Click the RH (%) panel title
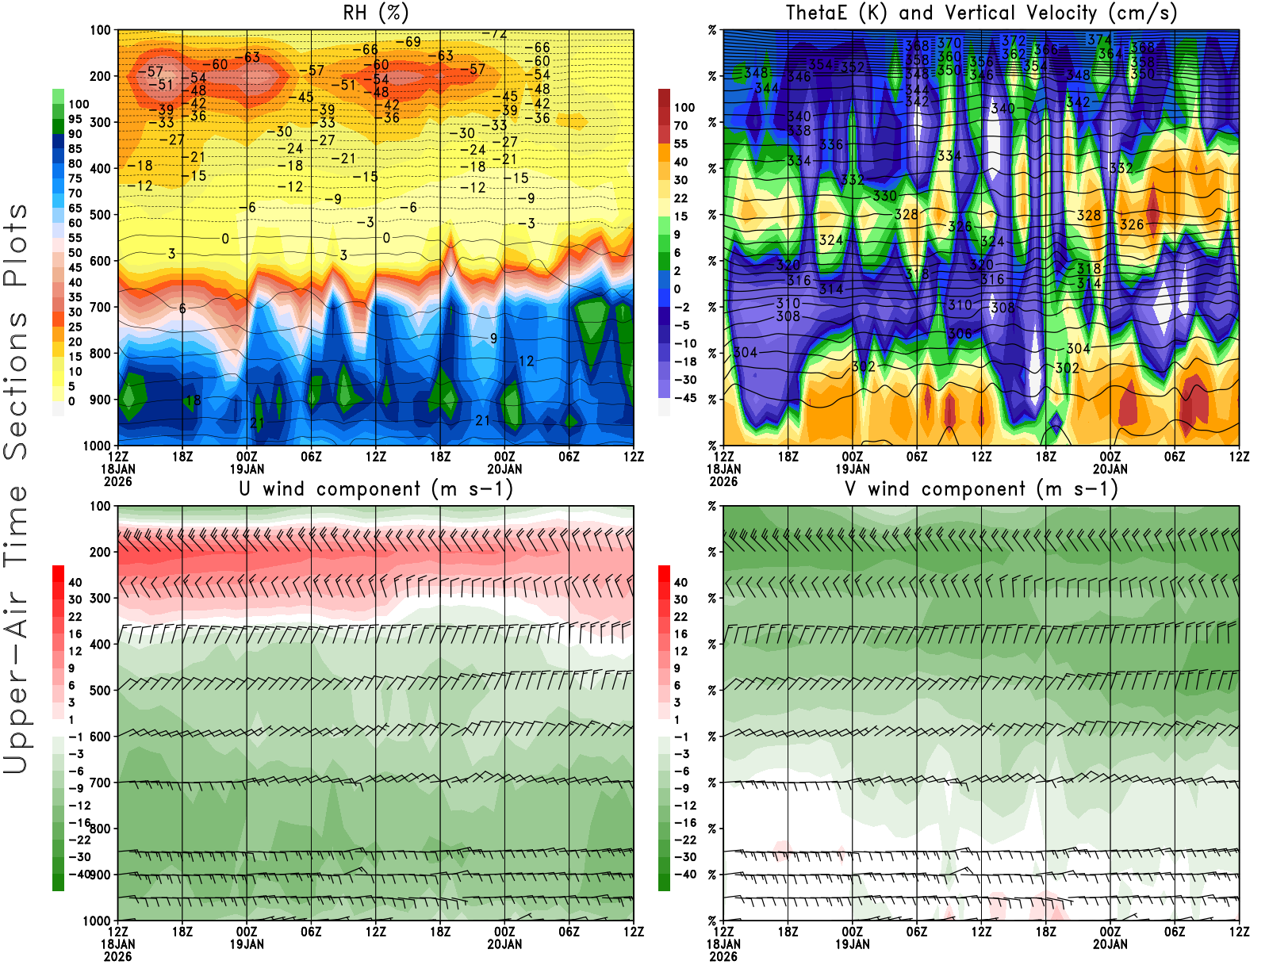[375, 13]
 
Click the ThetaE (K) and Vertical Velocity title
[981, 13]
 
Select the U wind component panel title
[376, 488]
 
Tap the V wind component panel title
[981, 488]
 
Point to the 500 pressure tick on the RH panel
[101, 215]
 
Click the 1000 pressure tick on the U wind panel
[97, 921]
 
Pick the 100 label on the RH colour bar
[79, 104]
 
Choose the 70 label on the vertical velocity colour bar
[681, 125]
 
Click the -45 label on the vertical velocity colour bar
[684, 398]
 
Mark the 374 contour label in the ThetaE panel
[1098, 40]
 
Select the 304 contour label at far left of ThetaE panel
[745, 352]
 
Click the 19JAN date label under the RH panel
[247, 469]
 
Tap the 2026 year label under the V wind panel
[723, 956]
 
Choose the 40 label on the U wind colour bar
[75, 582]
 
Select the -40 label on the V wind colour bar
[684, 875]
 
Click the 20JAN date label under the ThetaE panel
[1110, 469]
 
